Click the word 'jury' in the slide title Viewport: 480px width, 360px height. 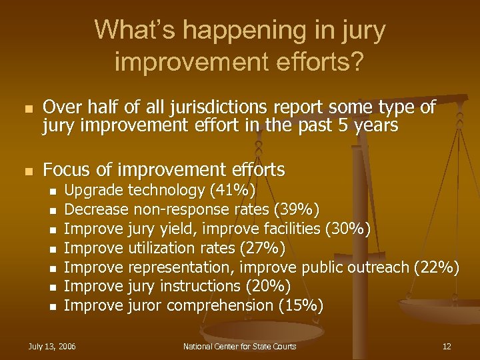coord(362,31)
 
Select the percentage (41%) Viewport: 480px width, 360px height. coord(232,191)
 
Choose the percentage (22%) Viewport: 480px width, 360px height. coord(437,268)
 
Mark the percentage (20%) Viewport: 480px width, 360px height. coord(268,287)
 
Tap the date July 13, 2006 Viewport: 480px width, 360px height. coord(52,346)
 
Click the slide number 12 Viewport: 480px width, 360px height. coord(447,346)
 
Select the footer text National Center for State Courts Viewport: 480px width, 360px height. coord(240,346)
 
